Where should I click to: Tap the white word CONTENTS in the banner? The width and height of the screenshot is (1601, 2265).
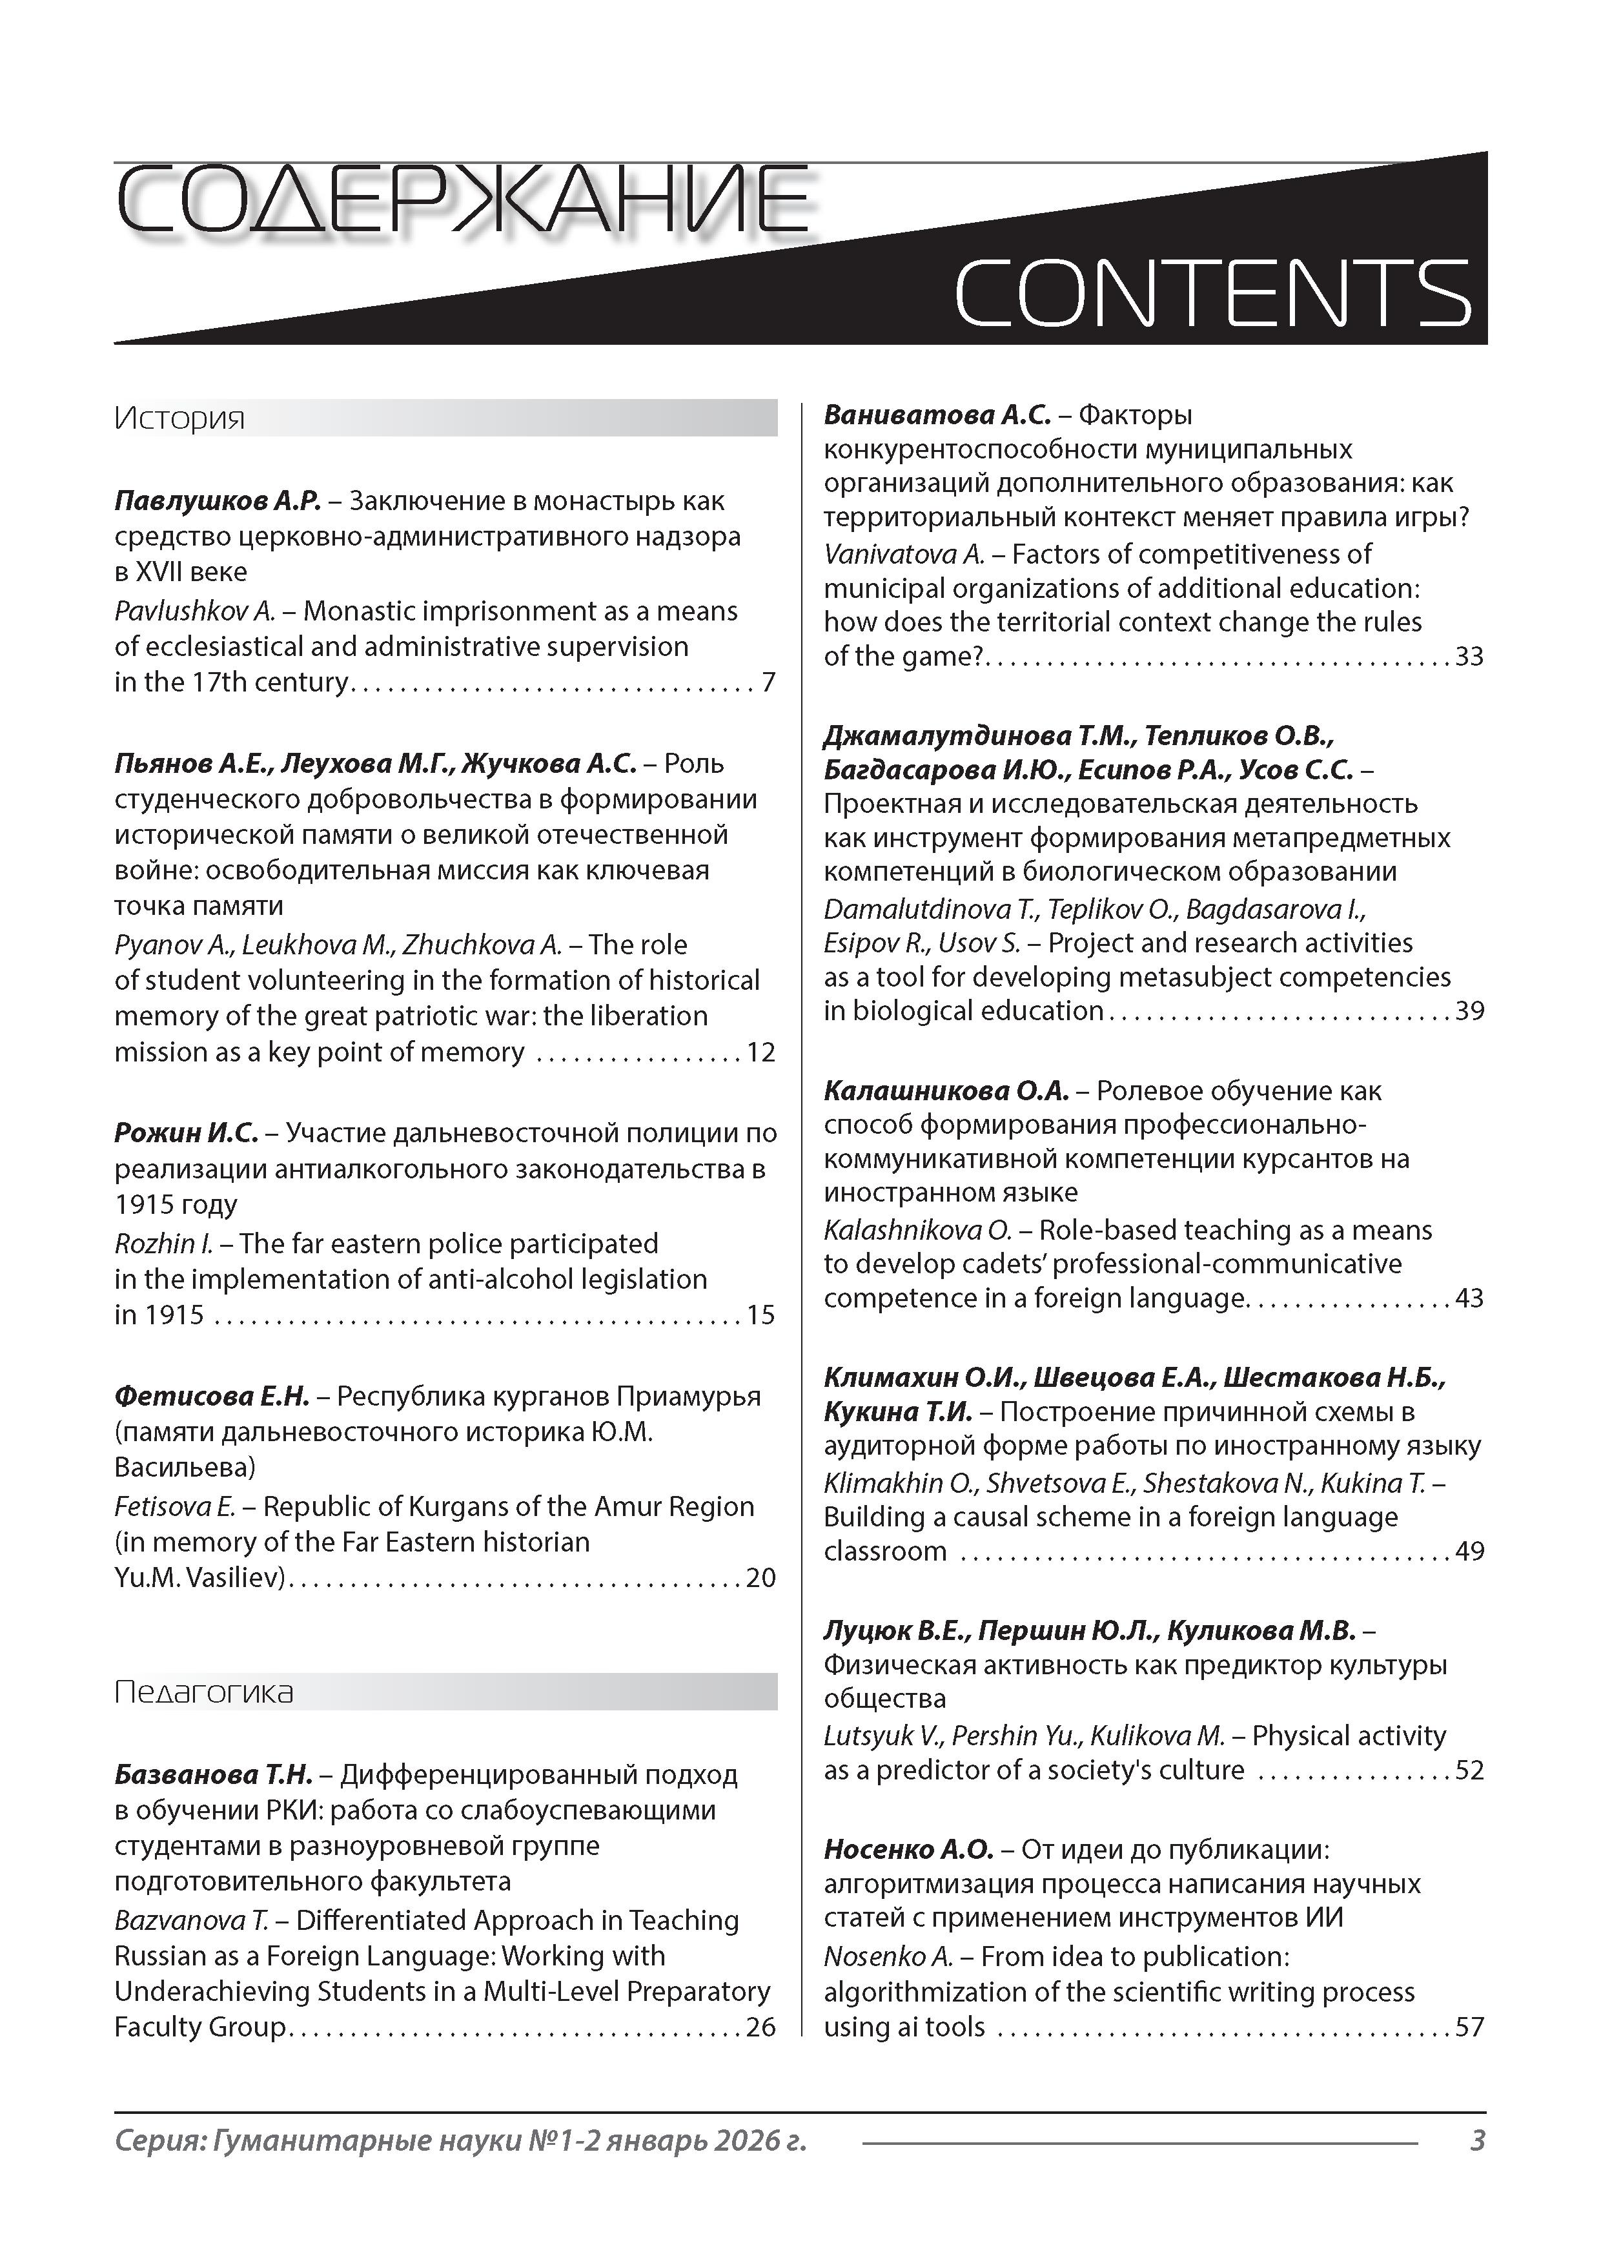pos(1212,293)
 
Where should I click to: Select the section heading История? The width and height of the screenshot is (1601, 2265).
pos(179,418)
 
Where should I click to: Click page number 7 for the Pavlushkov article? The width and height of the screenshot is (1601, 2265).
pos(768,682)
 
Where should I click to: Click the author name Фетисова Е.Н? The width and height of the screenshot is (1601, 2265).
pos(212,1396)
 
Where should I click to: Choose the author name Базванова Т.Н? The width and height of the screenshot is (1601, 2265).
pos(213,1775)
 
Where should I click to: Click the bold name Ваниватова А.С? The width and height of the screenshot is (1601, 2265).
pos(937,415)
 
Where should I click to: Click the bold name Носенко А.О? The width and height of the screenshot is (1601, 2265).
pos(908,1850)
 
